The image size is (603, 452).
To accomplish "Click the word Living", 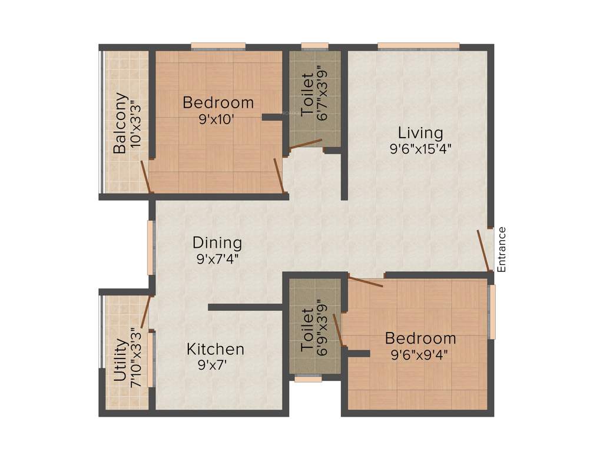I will [420, 132].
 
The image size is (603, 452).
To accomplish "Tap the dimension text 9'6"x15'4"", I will [420, 148].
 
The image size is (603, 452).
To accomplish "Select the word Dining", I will [217, 242].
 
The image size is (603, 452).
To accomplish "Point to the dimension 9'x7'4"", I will [217, 258].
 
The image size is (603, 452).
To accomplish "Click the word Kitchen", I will [215, 349].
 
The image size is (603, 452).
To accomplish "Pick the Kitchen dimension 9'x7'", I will [213, 364].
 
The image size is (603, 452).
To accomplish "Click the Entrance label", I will [502, 249].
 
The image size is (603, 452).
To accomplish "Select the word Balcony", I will [120, 123].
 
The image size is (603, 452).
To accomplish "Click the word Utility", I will [120, 361].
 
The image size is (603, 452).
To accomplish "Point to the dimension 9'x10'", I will [217, 118].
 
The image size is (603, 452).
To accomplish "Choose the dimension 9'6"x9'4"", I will [420, 354].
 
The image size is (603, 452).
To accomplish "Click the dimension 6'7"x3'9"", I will [322, 93].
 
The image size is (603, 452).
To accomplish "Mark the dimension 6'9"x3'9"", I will [322, 327].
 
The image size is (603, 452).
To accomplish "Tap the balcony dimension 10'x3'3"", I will [136, 124].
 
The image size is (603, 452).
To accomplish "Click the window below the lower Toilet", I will [308, 379].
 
